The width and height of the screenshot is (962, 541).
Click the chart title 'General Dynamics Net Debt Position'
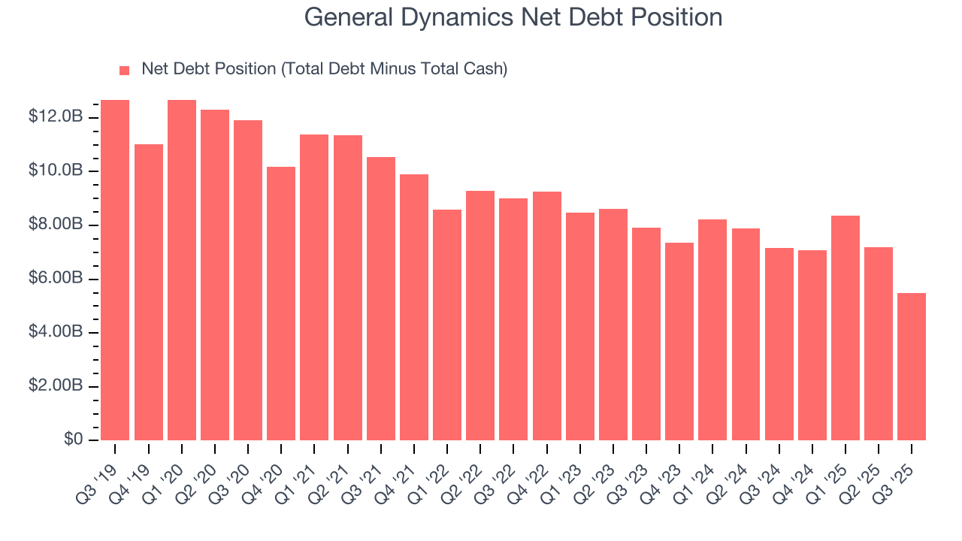pos(513,17)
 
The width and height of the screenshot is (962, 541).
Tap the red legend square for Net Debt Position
pos(125,70)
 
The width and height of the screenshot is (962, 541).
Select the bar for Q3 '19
pos(115,270)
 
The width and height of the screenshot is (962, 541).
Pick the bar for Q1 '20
pos(182,270)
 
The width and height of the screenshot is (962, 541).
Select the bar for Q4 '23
pos(679,341)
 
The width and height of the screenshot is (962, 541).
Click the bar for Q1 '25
pos(846,328)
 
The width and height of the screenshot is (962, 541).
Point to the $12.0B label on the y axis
pos(56,117)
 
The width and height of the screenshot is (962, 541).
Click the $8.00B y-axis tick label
pos(56,225)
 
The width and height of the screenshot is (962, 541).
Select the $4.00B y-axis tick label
pos(56,332)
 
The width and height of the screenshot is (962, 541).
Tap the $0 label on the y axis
pos(72,440)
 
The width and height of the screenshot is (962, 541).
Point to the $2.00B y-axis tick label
pos(56,386)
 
